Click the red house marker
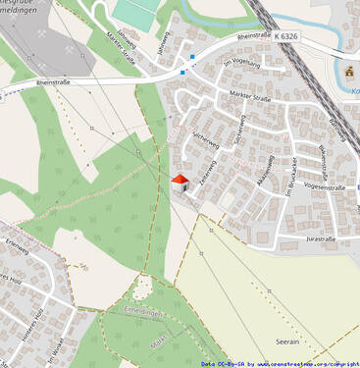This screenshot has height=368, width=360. coord(180,182)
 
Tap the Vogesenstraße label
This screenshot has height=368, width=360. coord(327,185)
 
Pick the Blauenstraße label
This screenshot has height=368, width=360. coord(323,157)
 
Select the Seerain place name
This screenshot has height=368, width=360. coord(287,342)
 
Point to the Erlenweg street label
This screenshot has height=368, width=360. coord(18,242)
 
